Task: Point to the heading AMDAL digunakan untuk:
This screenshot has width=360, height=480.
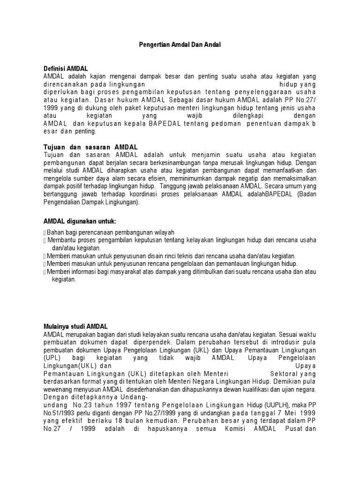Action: pyautogui.click(x=79, y=221)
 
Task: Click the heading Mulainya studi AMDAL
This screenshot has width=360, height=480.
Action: pyautogui.click(x=75, y=327)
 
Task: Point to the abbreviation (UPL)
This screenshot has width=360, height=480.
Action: pyautogui.click(x=51, y=358)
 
